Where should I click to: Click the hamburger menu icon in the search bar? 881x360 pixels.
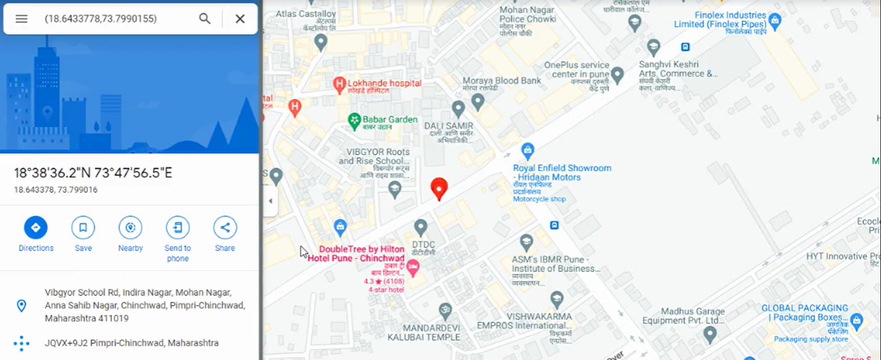point(21,19)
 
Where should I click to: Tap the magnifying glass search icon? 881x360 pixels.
point(205,19)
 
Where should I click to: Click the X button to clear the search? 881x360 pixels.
point(240,19)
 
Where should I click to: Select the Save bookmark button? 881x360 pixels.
point(83,228)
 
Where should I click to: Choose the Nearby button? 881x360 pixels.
point(130,228)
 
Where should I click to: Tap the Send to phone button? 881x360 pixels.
point(178,228)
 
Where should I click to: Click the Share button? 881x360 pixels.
point(225,228)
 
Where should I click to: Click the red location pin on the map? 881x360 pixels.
point(439,189)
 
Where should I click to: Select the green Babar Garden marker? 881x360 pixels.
point(354,121)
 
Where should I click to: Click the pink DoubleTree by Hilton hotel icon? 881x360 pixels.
point(413,266)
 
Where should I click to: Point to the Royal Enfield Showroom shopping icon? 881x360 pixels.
point(528,150)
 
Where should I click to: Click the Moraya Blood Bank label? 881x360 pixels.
point(502,81)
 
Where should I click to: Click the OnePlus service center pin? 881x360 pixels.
point(617,75)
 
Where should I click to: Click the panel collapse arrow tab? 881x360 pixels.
point(271,201)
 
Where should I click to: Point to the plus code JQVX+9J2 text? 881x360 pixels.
point(131,343)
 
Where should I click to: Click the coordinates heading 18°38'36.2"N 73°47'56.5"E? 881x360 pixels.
point(93,173)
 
